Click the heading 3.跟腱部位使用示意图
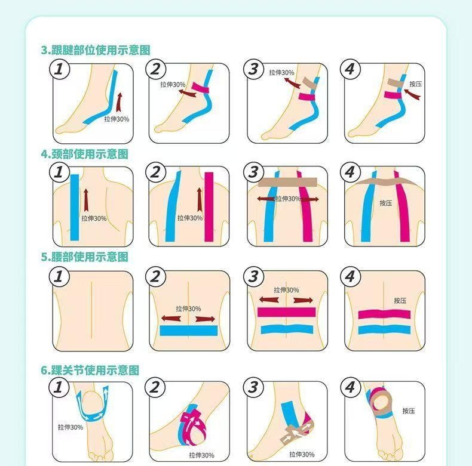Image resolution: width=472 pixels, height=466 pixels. coord(96,50)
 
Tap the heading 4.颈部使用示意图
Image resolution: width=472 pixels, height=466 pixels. coord(85,154)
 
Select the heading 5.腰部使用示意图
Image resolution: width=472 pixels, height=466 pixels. coord(85,257)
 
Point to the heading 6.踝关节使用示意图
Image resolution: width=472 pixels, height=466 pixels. coord(90,370)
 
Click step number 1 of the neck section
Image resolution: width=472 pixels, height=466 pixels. coord(59,172)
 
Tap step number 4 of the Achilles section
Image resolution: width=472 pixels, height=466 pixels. coord(350,69)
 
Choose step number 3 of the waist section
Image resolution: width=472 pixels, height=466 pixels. coord(253,276)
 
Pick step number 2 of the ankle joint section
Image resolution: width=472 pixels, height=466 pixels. coord(155,387)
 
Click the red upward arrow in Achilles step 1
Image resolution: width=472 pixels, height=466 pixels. coord(119,102)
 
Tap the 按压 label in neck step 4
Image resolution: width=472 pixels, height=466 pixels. coord(385,203)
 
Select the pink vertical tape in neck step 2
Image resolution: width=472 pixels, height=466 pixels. coord(209,207)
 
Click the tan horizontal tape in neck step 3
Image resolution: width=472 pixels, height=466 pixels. coord(287,182)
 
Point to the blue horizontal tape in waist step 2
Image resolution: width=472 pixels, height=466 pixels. coord(189,331)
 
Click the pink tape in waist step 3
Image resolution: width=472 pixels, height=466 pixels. coord(286,312)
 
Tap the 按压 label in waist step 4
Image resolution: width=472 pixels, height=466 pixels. coord(400,301)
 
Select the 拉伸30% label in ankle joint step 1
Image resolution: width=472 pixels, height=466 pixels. coord(71,427)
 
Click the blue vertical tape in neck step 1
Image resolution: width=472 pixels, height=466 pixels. coord(75,208)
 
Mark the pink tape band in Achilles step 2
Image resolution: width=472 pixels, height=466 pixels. coord(200,88)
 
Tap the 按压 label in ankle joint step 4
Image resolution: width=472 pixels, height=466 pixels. coord(409,411)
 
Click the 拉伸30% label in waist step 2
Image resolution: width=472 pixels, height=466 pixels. coord(188,308)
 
